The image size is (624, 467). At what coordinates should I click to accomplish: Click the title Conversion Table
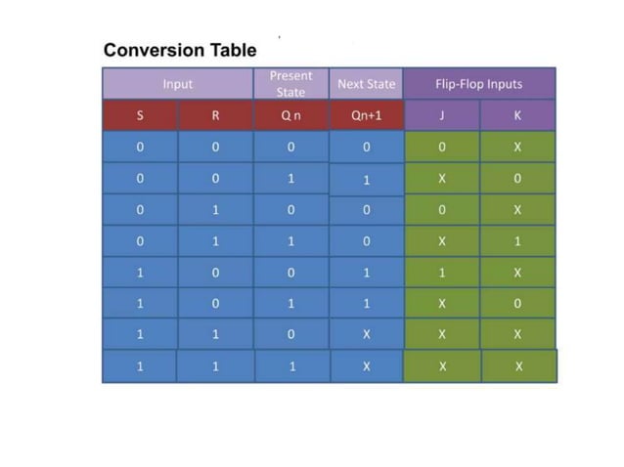pyautogui.click(x=180, y=50)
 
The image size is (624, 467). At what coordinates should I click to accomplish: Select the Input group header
pyautogui.click(x=178, y=84)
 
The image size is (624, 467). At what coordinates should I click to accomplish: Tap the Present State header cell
pyautogui.click(x=290, y=84)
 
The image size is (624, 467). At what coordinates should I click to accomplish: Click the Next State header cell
pyautogui.click(x=365, y=84)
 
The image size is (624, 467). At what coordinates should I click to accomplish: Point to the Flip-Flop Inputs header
pyautogui.click(x=479, y=84)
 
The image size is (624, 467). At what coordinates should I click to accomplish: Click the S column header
pyautogui.click(x=140, y=115)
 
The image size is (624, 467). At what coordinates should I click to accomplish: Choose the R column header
pyautogui.click(x=215, y=115)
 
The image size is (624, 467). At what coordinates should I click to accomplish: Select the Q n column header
pyautogui.click(x=290, y=115)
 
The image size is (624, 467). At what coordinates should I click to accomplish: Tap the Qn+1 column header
pyautogui.click(x=366, y=115)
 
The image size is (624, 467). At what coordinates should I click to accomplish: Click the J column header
pyautogui.click(x=441, y=115)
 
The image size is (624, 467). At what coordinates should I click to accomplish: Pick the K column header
pyautogui.click(x=517, y=115)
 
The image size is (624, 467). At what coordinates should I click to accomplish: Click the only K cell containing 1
pyautogui.click(x=517, y=241)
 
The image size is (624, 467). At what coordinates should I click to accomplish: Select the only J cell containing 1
pyautogui.click(x=441, y=273)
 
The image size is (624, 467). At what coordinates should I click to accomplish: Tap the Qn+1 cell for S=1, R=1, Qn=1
pyautogui.click(x=366, y=366)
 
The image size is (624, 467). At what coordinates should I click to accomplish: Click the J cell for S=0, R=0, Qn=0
pyautogui.click(x=441, y=148)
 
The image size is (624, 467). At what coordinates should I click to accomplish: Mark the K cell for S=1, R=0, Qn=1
pyautogui.click(x=517, y=304)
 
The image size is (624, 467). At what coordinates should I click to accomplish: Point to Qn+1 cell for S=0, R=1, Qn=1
pyautogui.click(x=366, y=241)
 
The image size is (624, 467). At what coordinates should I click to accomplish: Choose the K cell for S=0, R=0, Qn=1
pyautogui.click(x=517, y=179)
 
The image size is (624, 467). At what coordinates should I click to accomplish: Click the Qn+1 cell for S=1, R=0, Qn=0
pyautogui.click(x=366, y=273)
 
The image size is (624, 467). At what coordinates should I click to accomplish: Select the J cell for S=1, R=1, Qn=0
pyautogui.click(x=441, y=334)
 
